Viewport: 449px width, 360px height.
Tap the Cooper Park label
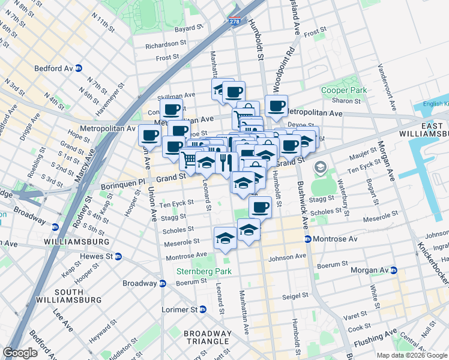pyautogui.click(x=343, y=90)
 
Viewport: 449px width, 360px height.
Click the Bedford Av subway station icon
pyautogui.click(x=79, y=68)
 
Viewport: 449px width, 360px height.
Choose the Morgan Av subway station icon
pyautogui.click(x=394, y=270)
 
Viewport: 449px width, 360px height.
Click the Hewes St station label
pyautogui.click(x=92, y=256)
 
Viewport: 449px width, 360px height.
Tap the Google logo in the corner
pyautogui.click(x=20, y=353)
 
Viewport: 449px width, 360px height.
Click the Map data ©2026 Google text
pyautogui.click(x=411, y=355)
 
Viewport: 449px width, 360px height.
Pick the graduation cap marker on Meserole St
pyautogui.click(x=224, y=238)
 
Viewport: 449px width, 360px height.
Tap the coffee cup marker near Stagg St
pyautogui.click(x=260, y=207)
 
